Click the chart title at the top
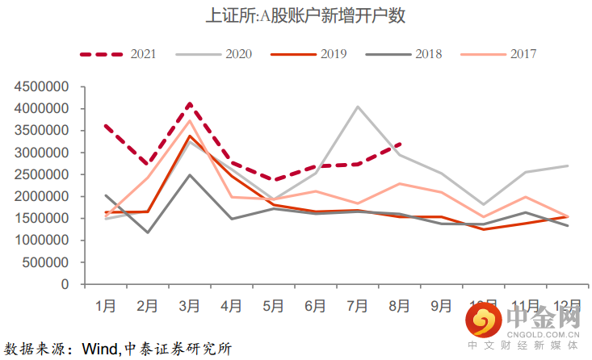tap(296, 15)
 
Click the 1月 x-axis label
tap(105, 306)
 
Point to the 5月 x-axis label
tap(273, 306)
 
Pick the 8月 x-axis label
tap(400, 306)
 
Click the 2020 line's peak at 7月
tap(357, 107)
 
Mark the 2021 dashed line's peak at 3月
tap(189, 103)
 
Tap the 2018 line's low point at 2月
tap(147, 232)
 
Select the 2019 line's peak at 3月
tap(189, 136)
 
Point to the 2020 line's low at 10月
tap(484, 205)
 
